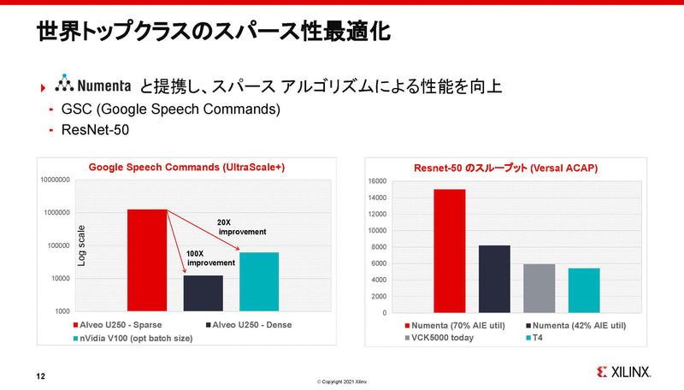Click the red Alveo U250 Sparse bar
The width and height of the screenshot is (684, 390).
(147, 260)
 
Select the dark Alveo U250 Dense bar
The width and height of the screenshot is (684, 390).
(203, 292)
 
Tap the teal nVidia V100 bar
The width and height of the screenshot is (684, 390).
(259, 281)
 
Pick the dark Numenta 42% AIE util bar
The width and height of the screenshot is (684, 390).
(493, 279)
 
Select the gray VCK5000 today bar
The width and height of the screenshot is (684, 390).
(539, 288)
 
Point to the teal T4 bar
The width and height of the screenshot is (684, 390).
(583, 291)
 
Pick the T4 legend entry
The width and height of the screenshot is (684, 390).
(538, 338)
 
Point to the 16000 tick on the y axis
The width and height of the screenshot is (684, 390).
(376, 181)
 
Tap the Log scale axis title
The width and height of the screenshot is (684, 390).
(82, 245)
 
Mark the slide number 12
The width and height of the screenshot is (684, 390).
(40, 375)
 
